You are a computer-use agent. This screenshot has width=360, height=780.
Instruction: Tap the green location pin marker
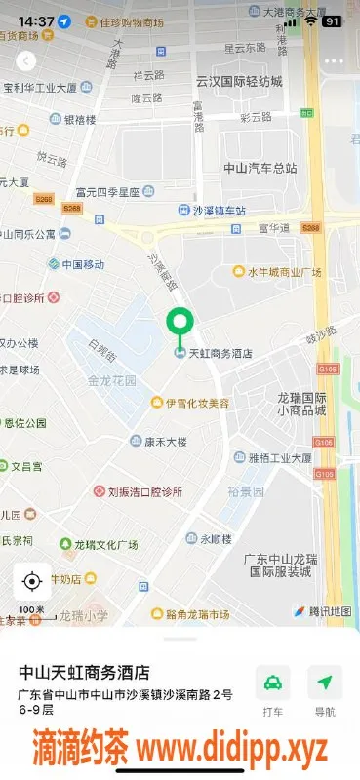(x=180, y=323)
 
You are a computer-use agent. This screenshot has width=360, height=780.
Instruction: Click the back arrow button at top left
(x=25, y=61)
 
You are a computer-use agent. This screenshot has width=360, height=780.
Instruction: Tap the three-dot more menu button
(x=334, y=60)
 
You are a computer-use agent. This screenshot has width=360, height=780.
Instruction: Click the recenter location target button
(x=31, y=582)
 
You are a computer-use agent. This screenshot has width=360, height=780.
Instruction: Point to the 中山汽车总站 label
(x=260, y=168)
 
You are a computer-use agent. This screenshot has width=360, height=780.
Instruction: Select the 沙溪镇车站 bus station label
(x=218, y=211)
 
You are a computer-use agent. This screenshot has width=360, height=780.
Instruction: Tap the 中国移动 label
(x=82, y=264)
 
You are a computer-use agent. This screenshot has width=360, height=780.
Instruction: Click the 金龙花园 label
(x=112, y=381)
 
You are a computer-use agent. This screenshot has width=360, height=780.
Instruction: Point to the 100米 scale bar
(x=32, y=613)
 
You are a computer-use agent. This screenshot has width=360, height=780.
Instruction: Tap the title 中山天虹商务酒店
(x=86, y=673)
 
